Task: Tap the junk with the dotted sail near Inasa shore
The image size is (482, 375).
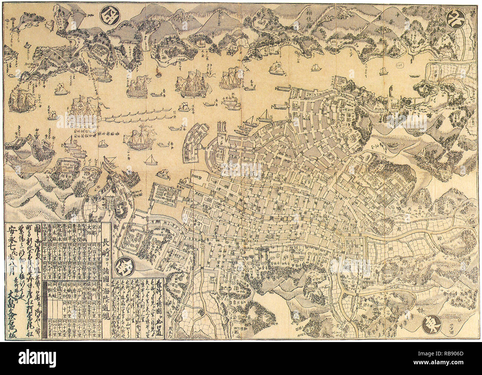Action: click(275, 67)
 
